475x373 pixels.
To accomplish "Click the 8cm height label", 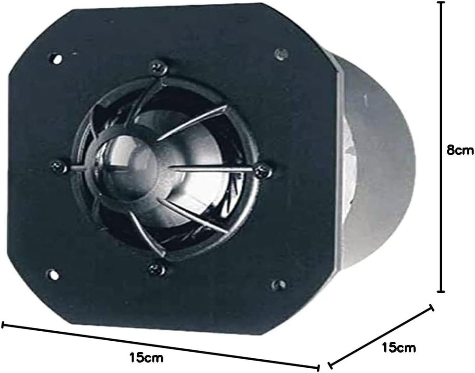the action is coord(460,150).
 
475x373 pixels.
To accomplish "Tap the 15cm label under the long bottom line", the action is coord(146,357).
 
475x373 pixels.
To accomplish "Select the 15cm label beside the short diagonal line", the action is coord(399,347).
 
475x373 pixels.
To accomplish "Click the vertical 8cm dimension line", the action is coord(441,147).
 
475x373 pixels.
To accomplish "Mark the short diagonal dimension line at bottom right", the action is coord(381,336).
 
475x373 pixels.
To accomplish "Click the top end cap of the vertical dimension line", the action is coord(441,2).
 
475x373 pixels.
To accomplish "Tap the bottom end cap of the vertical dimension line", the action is coord(441,291).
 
